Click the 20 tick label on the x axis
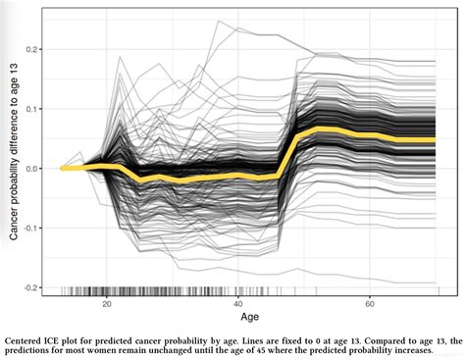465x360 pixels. pos(107,304)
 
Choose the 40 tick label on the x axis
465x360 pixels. pos(238,304)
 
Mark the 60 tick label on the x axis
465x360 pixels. pos(368,304)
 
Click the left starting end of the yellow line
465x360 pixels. pos(62,168)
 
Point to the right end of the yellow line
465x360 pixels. pos(433,140)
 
